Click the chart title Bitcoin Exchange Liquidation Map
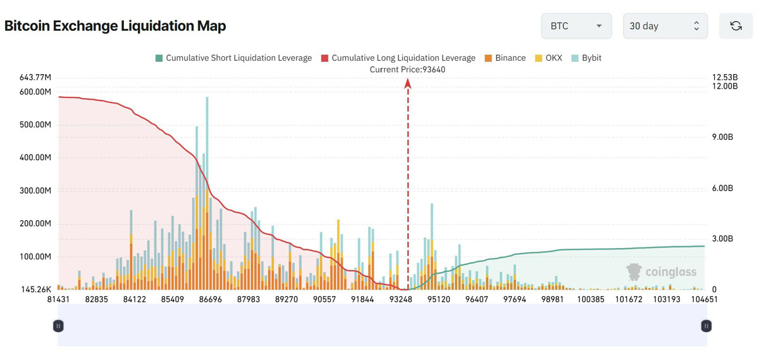(115, 26)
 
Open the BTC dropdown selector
(576, 26)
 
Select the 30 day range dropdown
(665, 26)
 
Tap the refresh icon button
(736, 26)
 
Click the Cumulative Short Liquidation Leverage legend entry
(233, 58)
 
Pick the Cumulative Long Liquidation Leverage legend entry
(398, 58)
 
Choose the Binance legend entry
(504, 58)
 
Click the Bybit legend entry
(586, 58)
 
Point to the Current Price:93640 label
(407, 69)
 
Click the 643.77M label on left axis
(35, 78)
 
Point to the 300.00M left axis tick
(35, 190)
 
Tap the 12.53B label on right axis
(725, 77)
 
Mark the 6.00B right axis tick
(722, 188)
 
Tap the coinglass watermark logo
(662, 272)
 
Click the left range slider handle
(58, 326)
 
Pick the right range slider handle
(707, 326)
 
